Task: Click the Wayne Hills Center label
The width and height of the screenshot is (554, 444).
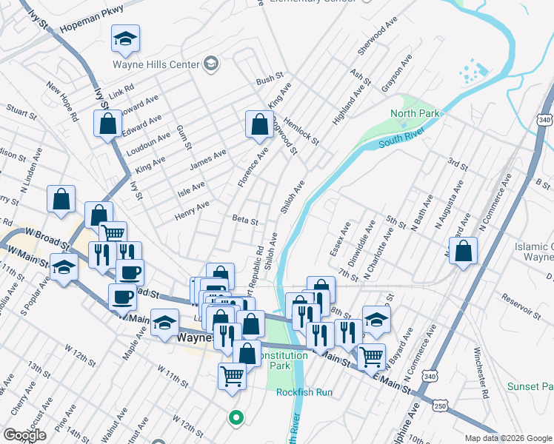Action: (x=157, y=64)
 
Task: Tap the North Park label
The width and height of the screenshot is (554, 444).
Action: (x=415, y=113)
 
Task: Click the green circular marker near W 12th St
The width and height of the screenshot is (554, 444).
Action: (x=236, y=418)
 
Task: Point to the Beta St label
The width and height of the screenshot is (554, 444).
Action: (x=244, y=220)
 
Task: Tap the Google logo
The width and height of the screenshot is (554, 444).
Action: (x=24, y=435)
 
